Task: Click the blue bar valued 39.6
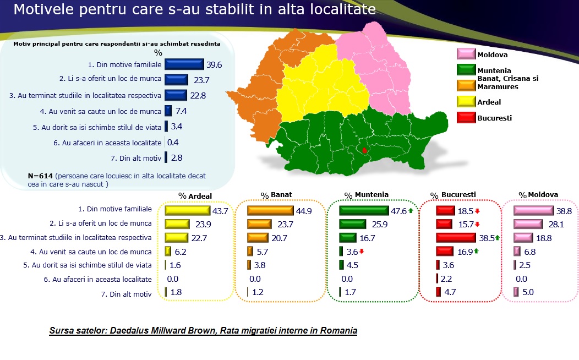(x=184, y=64)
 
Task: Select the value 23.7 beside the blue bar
(x=201, y=80)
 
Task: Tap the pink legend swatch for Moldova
(x=466, y=54)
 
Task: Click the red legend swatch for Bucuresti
(x=466, y=117)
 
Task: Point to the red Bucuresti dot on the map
(x=364, y=150)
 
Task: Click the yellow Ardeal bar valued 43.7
(x=187, y=210)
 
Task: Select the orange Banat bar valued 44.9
(x=270, y=210)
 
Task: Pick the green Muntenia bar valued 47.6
(x=364, y=210)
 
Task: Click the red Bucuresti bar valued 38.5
(x=456, y=237)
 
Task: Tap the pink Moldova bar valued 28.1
(x=528, y=224)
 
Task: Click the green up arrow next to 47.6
(x=411, y=210)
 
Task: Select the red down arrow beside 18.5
(x=477, y=211)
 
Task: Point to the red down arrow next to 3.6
(x=362, y=252)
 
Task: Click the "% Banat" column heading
(x=276, y=195)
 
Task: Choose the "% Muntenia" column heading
(x=367, y=195)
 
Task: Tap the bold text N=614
(x=40, y=176)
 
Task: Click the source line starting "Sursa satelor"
(x=203, y=330)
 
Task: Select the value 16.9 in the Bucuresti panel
(x=465, y=252)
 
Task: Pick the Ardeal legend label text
(x=489, y=102)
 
